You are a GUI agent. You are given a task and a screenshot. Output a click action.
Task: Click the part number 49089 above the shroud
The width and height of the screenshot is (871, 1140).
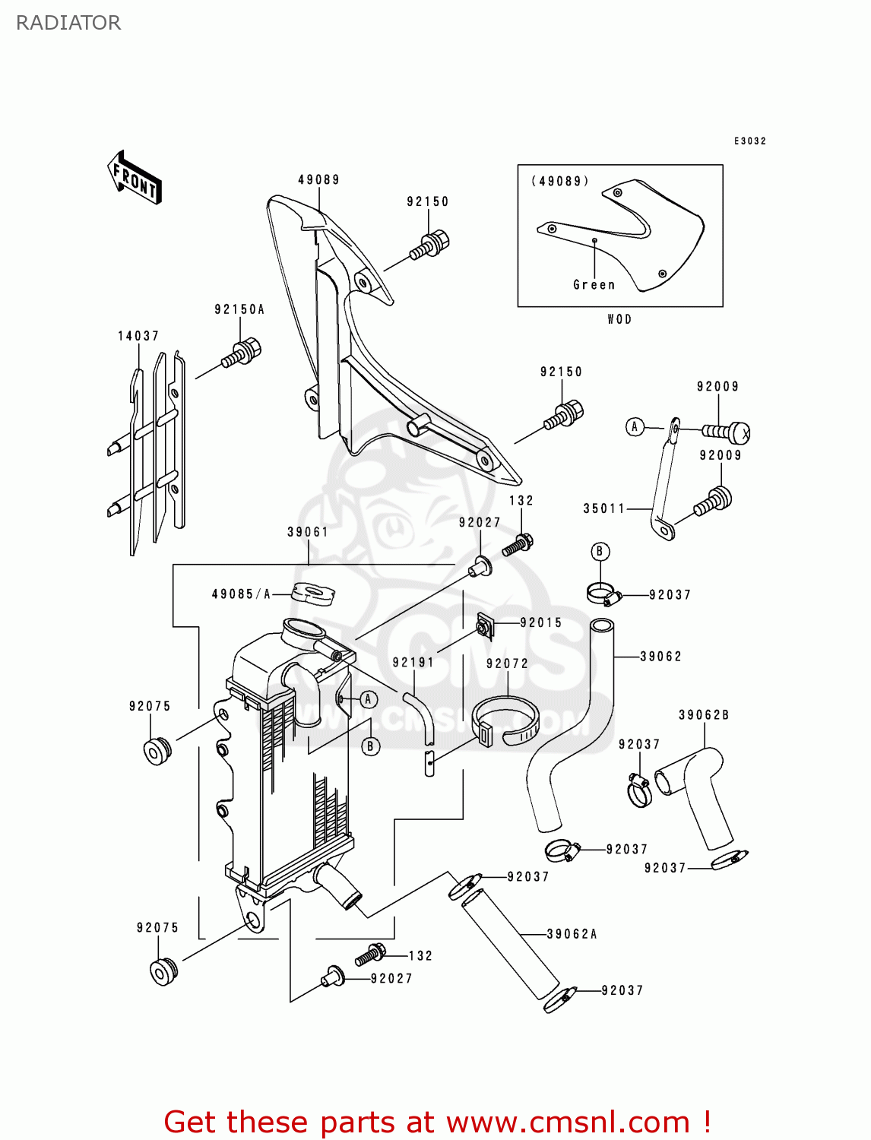tap(318, 180)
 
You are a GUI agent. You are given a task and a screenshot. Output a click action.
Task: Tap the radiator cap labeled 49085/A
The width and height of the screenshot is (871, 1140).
tap(313, 594)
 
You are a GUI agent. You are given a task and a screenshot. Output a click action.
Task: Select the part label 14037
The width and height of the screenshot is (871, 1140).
tap(138, 336)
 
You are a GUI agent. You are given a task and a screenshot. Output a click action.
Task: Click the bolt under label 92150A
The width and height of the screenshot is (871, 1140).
tap(242, 354)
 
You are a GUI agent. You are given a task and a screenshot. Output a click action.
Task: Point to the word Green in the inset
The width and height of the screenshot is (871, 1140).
tap(594, 285)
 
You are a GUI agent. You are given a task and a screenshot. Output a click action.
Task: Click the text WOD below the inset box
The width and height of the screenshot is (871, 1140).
tap(619, 319)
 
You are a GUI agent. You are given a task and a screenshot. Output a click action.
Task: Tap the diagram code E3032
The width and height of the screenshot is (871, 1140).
tap(749, 141)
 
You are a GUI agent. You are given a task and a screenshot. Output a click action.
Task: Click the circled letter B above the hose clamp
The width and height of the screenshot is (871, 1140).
tap(600, 552)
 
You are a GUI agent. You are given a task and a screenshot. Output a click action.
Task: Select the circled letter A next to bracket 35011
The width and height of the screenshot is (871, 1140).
tap(635, 427)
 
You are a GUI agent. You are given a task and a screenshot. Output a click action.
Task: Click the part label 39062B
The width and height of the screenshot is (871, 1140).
tap(704, 715)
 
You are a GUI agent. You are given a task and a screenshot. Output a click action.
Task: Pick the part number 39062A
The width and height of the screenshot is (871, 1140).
tap(572, 934)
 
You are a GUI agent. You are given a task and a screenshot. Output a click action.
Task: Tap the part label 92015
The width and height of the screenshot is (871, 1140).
tap(541, 622)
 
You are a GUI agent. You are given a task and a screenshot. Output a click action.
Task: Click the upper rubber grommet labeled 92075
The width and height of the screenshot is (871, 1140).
tap(157, 751)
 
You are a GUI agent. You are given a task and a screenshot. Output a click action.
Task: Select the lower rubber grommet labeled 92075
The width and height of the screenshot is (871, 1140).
tap(163, 972)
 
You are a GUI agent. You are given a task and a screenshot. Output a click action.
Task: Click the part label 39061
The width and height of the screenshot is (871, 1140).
tap(308, 532)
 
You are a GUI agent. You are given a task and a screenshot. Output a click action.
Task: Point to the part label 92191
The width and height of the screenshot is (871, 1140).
tap(413, 663)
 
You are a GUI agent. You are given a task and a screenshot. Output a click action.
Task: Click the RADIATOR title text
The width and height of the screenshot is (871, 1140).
tap(68, 23)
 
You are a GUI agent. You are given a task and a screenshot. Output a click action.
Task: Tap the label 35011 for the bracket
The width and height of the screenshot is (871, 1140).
tap(604, 508)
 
